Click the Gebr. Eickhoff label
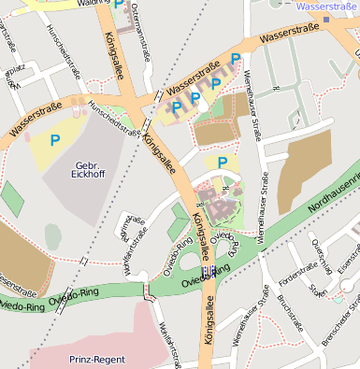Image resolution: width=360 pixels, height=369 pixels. click(x=88, y=170)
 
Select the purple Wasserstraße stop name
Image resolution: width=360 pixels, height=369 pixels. click(x=326, y=7)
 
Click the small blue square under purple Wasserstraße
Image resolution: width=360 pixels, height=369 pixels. click(x=326, y=18)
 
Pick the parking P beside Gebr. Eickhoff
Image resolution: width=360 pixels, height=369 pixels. click(x=55, y=141)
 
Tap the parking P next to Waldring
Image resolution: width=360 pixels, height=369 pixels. click(x=119, y=5)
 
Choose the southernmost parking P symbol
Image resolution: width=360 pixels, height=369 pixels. click(x=223, y=163)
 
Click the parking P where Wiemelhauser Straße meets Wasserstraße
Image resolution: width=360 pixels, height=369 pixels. click(x=236, y=59)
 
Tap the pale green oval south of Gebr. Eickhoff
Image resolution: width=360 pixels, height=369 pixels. click(x=53, y=236)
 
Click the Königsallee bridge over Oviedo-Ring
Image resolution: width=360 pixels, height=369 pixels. click(x=205, y=272)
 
